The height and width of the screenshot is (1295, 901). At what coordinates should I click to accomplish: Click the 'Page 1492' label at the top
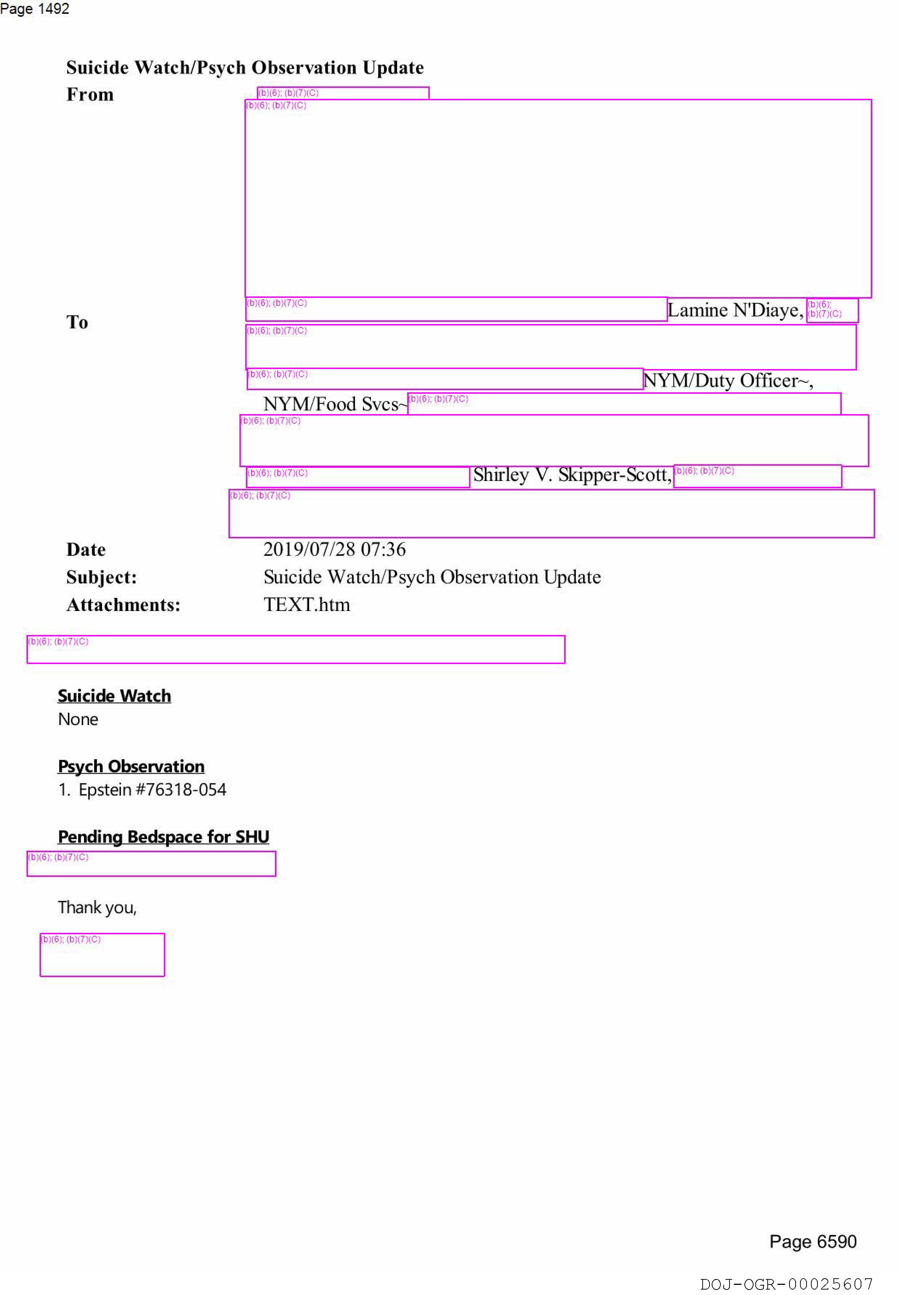pos(35,9)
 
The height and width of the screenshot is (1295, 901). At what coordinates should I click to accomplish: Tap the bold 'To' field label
pos(77,322)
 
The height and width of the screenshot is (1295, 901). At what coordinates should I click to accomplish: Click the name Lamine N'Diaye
pos(735,310)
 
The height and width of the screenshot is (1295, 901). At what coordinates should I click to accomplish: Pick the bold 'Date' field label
pos(86,549)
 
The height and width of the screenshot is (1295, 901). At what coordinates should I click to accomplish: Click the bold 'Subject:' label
pos(102,577)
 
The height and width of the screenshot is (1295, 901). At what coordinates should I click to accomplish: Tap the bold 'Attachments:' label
pos(124,604)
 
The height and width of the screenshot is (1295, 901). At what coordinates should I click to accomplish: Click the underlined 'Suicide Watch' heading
pos(114,696)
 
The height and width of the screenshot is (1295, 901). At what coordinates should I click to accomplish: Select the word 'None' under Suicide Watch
pos(78,720)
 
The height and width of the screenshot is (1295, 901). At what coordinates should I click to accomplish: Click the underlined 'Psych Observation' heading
pos(131,766)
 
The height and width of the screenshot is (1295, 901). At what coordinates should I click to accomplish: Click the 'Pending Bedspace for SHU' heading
pos(163,837)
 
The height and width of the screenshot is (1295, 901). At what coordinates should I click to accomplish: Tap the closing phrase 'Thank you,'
pos(97,907)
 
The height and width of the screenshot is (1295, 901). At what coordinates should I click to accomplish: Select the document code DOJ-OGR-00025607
pos(786,1284)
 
